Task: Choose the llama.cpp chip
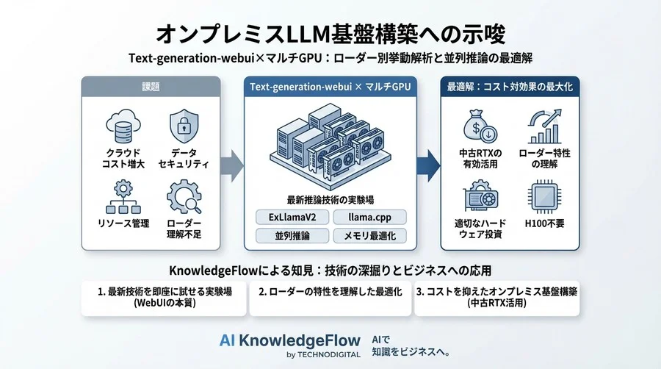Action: coord(367,218)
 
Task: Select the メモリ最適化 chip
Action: coord(367,236)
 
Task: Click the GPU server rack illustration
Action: coord(328,147)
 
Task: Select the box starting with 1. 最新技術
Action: coord(164,297)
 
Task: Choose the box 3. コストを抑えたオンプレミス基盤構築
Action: coord(497,297)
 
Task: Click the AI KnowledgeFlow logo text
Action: coord(290,340)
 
